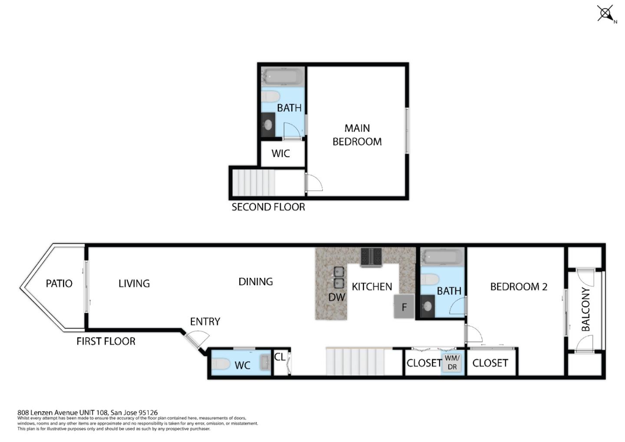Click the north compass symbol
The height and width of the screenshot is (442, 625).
point(606,13)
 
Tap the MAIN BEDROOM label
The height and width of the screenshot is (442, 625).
point(357,135)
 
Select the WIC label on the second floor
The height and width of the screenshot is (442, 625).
point(280,153)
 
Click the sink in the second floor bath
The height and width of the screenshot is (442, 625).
point(268,125)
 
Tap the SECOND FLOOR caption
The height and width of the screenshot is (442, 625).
point(268,207)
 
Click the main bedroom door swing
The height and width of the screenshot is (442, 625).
point(314,182)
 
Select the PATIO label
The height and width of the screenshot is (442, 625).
point(59,284)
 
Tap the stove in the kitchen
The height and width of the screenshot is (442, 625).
point(371,256)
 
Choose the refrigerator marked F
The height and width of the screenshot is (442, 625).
point(404,307)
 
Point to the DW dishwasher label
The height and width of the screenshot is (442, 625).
point(336,297)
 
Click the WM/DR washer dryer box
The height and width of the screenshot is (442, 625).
point(452,363)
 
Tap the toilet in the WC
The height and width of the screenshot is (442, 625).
point(221,363)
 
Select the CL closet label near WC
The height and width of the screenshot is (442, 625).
point(280,357)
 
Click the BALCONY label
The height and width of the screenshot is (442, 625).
point(586,309)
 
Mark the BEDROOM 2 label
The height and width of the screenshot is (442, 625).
point(518,287)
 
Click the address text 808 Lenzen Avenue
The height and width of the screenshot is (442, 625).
point(87,412)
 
